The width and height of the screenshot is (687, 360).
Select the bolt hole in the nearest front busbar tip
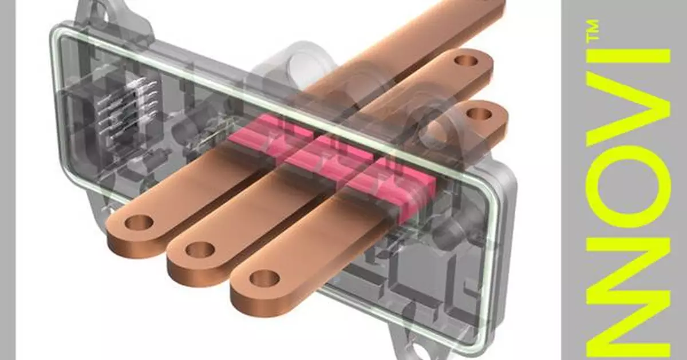[264, 279]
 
